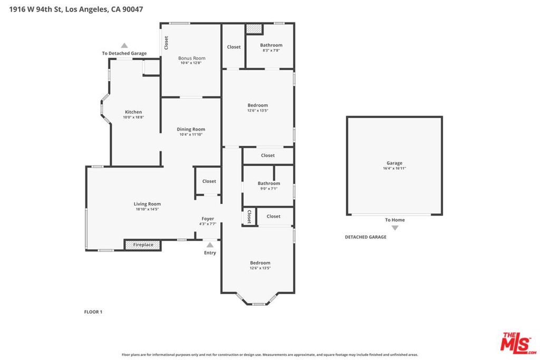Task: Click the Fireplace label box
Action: coord(142,245)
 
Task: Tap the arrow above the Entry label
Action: coord(210,245)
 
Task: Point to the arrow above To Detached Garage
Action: coord(124,45)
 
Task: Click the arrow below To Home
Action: coord(395,228)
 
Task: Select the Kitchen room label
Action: coord(133,112)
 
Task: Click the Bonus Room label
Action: coord(191,58)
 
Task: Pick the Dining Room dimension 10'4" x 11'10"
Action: coord(191,134)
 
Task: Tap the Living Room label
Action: coord(147,204)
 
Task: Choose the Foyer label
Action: coord(208,219)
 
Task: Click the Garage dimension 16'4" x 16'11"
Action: coord(394,168)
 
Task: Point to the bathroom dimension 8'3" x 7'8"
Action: coord(271,50)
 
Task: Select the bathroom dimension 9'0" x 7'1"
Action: coord(268,189)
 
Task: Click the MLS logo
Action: coord(518,343)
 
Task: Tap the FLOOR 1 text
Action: coord(93,312)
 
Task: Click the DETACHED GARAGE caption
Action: coord(365,237)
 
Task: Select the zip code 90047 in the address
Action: coord(132,9)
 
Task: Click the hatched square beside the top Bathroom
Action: coord(254,29)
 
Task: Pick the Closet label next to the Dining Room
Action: coord(209,181)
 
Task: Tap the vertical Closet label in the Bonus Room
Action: coord(166,43)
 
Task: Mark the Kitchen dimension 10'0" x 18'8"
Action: coord(133,118)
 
